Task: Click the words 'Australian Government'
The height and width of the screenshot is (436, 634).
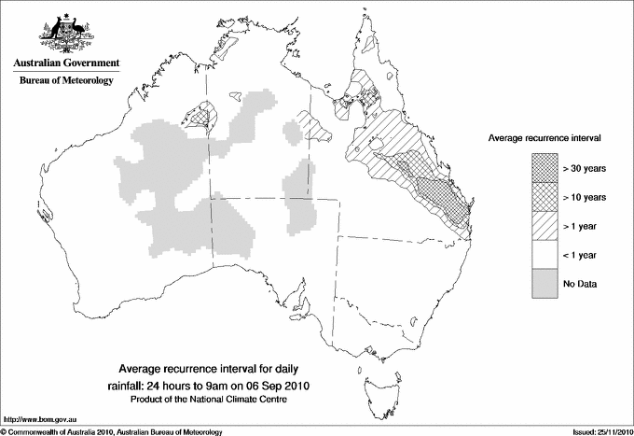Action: point(66,63)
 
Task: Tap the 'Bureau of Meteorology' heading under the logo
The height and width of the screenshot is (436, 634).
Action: point(66,81)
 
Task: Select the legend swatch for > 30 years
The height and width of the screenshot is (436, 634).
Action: point(544,168)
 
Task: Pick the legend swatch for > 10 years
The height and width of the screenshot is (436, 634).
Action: point(544,197)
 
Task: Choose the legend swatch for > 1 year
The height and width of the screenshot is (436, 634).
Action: point(544,226)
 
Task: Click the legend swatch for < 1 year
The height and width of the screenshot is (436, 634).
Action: point(544,255)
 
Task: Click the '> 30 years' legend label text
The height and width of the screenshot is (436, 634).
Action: point(586,168)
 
